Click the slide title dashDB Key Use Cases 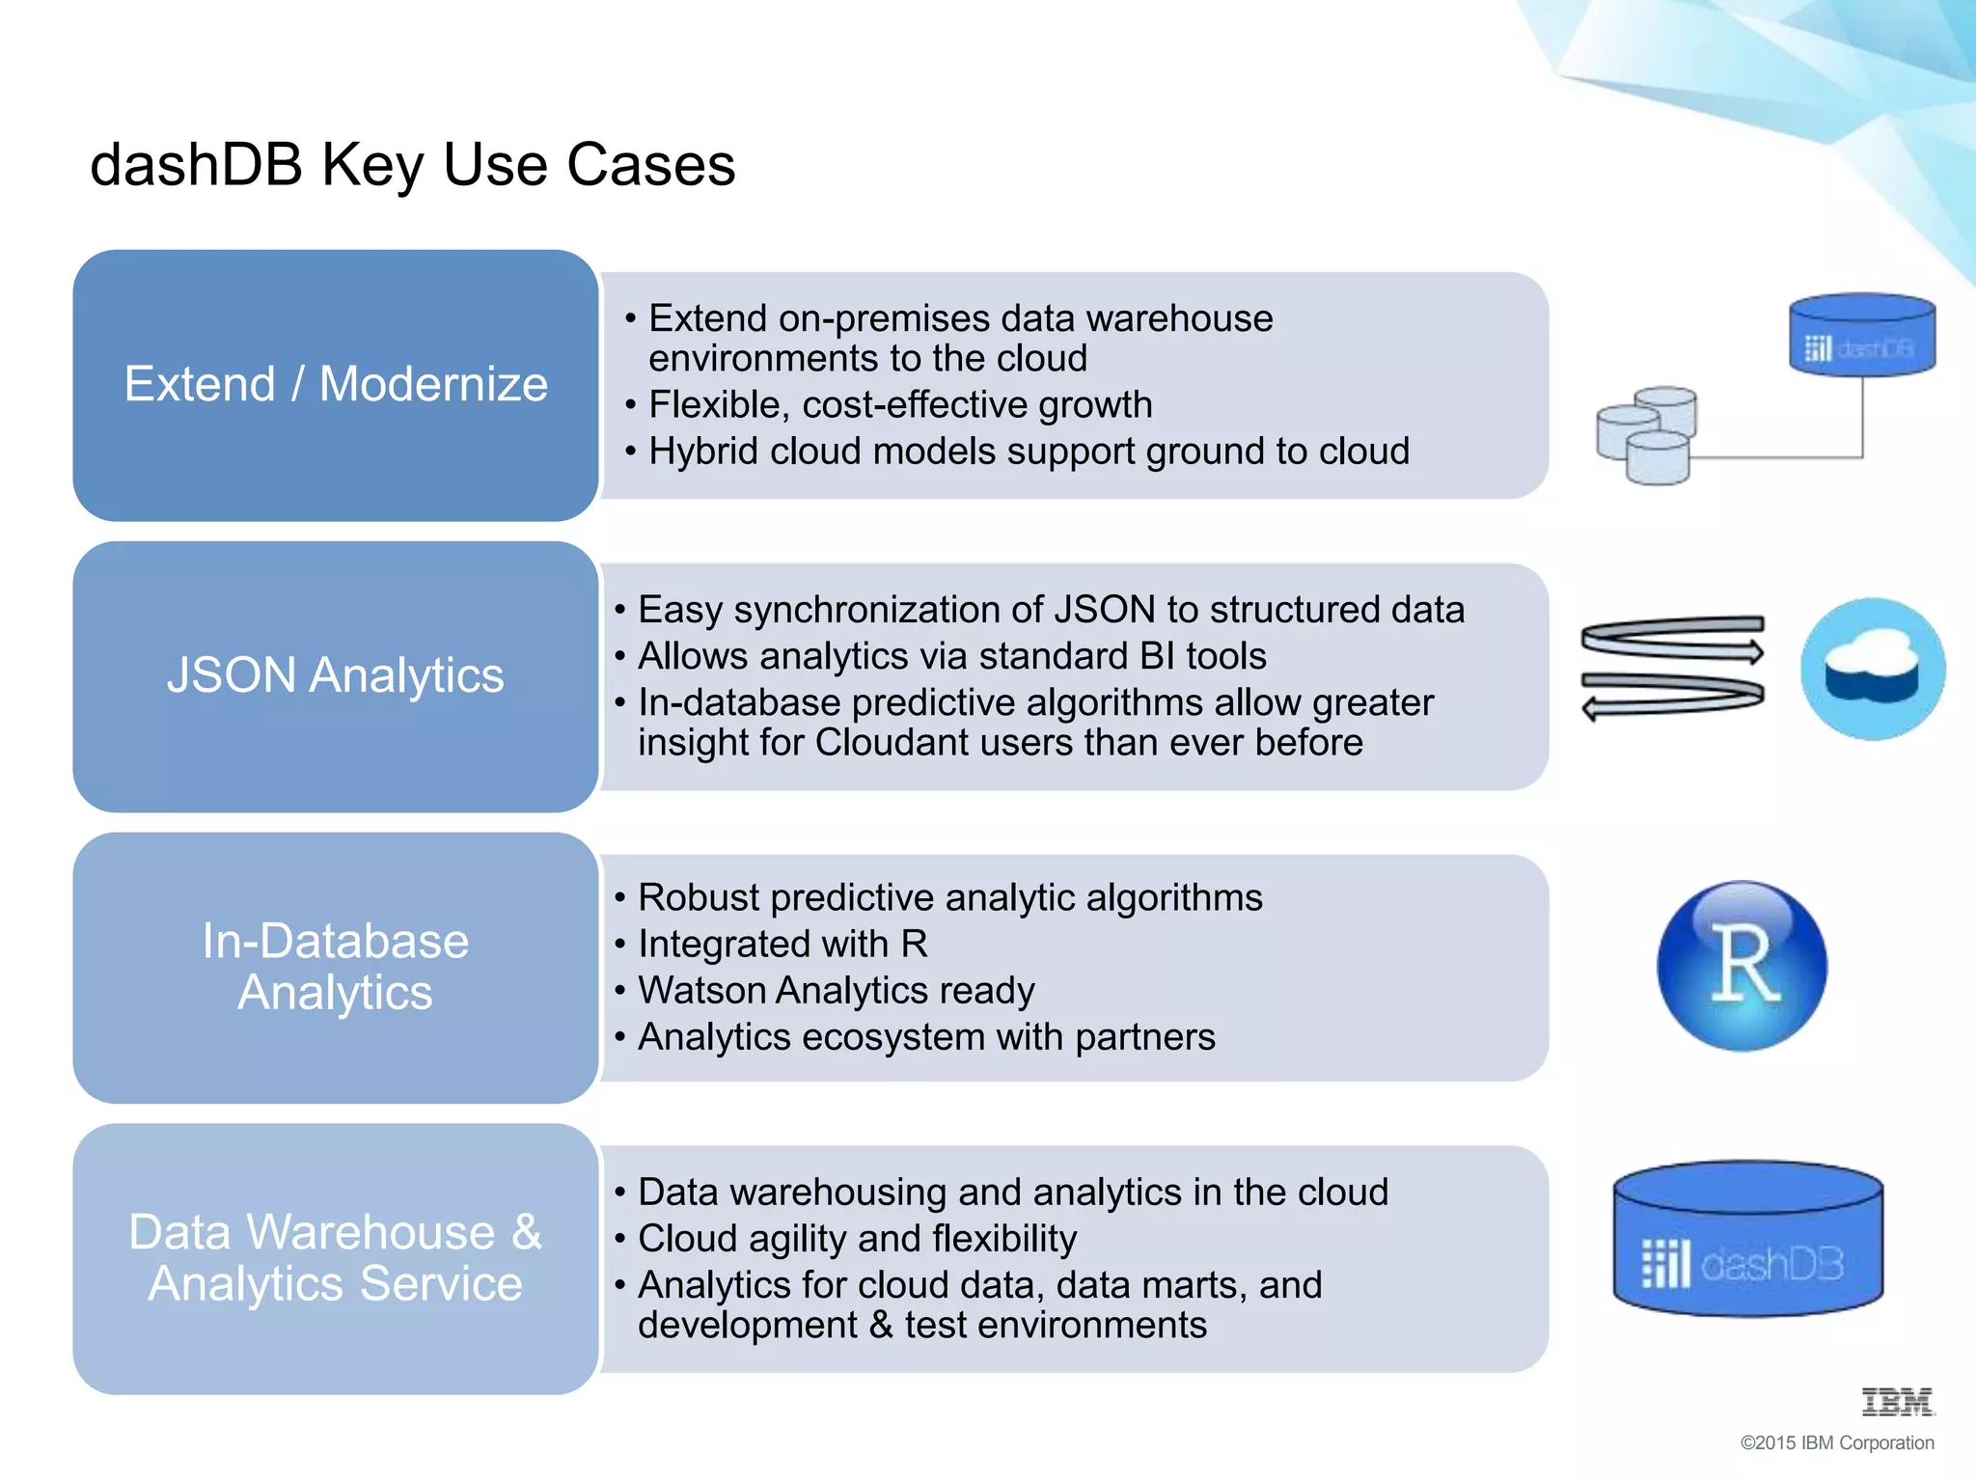point(412,164)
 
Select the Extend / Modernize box point(335,385)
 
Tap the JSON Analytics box point(335,675)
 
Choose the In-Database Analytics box point(335,967)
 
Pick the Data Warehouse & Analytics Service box point(335,1258)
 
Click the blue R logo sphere point(1742,966)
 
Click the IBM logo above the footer point(1897,1402)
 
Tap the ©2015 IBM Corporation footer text point(1836,1443)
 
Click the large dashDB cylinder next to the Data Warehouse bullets point(1747,1240)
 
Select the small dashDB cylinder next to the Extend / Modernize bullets point(1861,335)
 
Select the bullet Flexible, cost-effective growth point(899,405)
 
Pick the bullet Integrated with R point(782,945)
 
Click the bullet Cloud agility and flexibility point(857,1239)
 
